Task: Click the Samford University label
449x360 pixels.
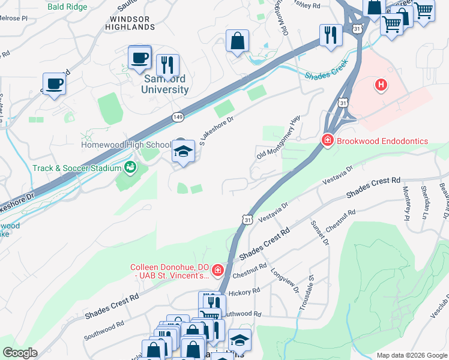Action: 164,84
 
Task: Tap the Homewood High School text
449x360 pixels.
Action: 126,145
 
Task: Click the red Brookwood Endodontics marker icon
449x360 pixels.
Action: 327,141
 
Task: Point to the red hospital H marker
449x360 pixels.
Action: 381,85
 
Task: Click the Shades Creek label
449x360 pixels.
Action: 325,76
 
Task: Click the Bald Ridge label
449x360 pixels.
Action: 67,7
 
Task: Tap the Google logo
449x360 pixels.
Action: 20,353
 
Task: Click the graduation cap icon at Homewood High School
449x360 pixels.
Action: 182,152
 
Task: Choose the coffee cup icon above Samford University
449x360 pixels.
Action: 140,58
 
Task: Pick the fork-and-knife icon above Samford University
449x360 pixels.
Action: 167,65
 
